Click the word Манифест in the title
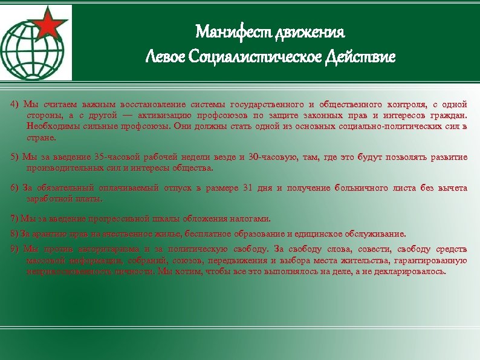tap(233, 31)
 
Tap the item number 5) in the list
tap(15, 157)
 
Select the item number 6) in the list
tap(15, 188)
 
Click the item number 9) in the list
tap(15, 249)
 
